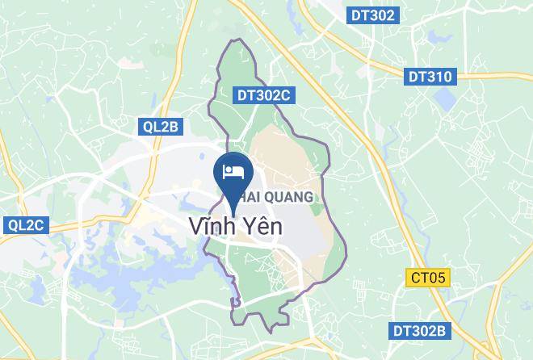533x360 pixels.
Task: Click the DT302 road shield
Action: point(373,15)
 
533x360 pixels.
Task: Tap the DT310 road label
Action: point(430,77)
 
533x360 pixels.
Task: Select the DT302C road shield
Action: point(263,95)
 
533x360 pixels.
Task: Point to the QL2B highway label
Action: point(157,126)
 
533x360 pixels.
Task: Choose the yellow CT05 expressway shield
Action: point(428,277)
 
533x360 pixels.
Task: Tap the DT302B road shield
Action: point(418,331)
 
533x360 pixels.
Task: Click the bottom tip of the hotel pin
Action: point(234,206)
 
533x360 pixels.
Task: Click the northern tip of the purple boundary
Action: point(234,40)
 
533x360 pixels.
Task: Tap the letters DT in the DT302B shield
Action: point(401,331)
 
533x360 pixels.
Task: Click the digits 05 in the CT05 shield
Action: point(437,277)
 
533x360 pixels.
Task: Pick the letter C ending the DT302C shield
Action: point(284,95)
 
